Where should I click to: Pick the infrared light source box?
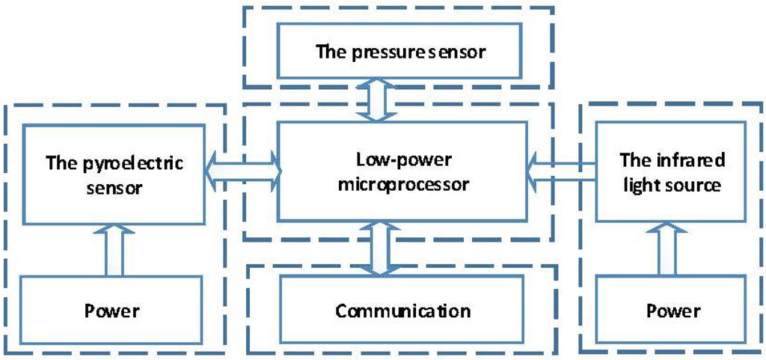[671, 173]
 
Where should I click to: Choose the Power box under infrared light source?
[671, 310]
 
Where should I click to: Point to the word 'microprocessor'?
[403, 185]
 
